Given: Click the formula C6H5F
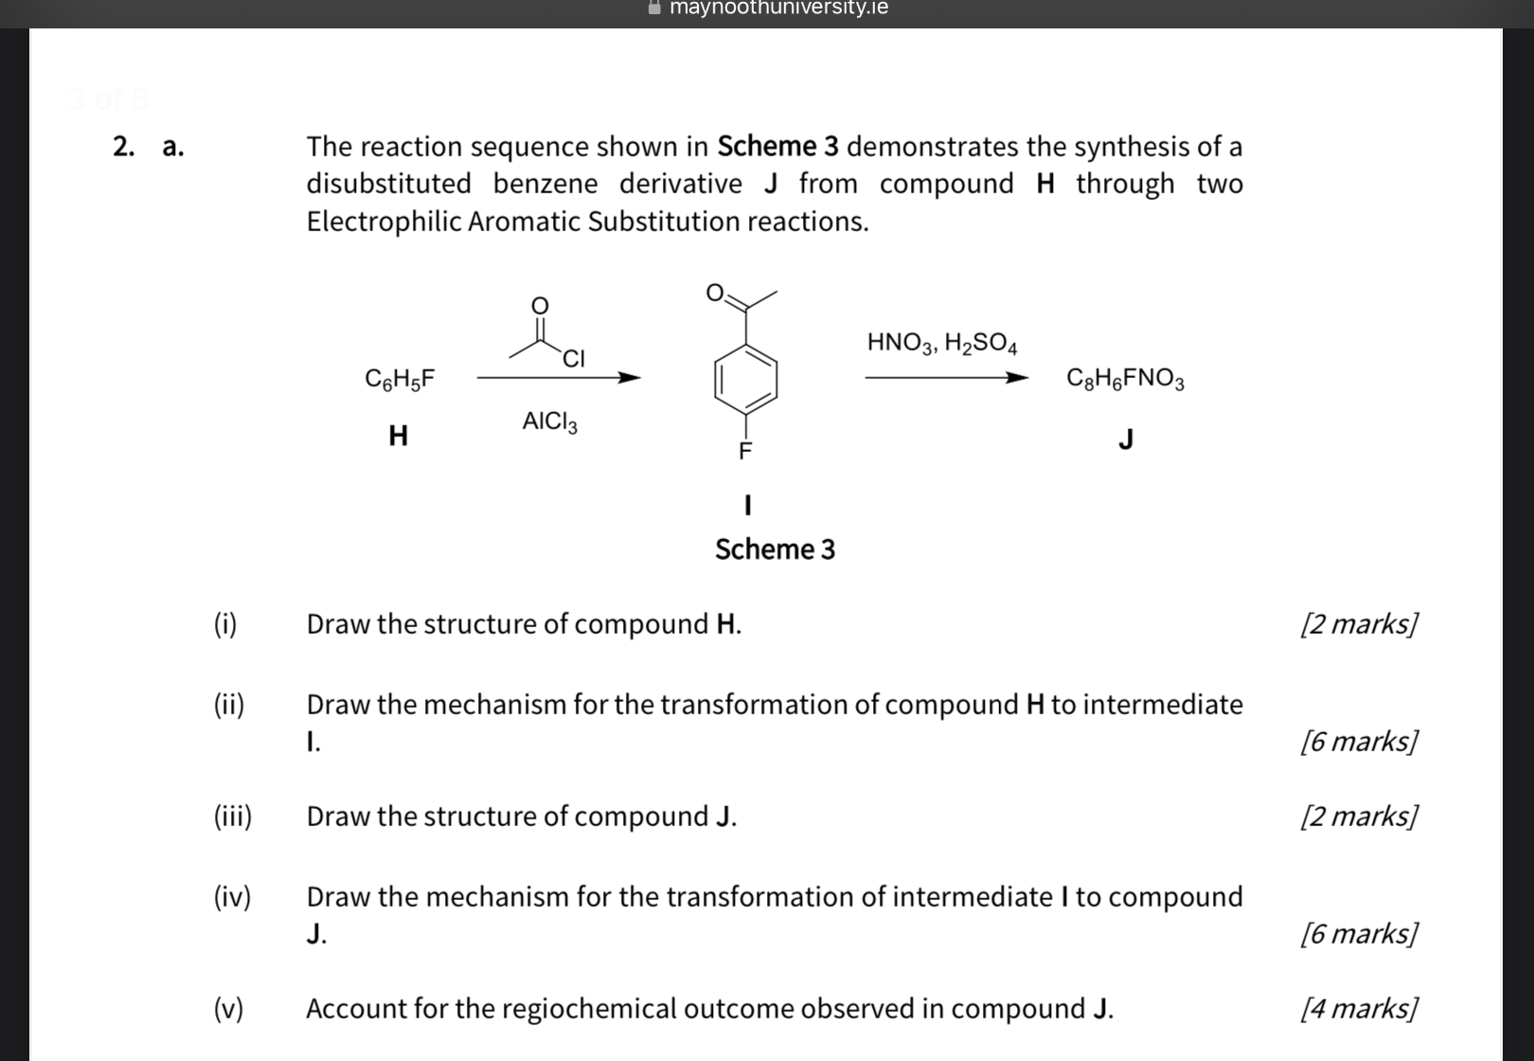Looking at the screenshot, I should [400, 379].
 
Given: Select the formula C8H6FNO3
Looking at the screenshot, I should [1125, 379].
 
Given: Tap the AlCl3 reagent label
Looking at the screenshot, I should [549, 422].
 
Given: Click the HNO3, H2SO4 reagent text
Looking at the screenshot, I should [942, 343].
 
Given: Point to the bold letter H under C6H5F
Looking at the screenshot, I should [399, 436].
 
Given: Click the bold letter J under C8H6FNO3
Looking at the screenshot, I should [1126, 440].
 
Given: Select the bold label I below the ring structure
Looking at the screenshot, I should [748, 505].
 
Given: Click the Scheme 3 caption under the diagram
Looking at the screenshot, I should [775, 549].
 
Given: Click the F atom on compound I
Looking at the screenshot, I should [745, 452].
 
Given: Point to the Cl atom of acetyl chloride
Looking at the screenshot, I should [574, 359].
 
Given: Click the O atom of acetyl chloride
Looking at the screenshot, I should [539, 305].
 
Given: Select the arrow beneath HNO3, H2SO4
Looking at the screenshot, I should [946, 378].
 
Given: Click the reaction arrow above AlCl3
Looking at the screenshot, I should [559, 378].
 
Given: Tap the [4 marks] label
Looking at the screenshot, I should [1360, 1008].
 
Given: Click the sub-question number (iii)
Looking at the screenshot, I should [233, 816].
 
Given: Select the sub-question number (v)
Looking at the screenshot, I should [228, 1008].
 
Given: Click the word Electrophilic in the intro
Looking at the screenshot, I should [383, 222].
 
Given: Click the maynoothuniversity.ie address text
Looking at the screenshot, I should [778, 9].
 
